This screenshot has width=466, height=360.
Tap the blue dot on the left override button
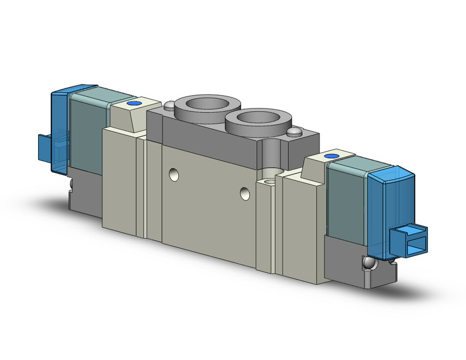(137, 104)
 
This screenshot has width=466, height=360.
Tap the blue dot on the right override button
(332, 157)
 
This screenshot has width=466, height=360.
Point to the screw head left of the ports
(169, 105)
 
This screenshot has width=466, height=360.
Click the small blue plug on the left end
(45, 145)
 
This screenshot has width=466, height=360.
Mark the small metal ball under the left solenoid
(72, 182)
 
